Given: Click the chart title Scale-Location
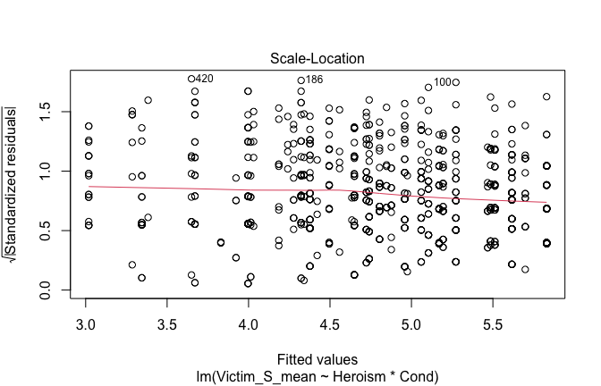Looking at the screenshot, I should [x=317, y=59].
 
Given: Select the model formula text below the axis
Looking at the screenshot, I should [x=317, y=376].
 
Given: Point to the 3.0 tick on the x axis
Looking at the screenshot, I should [x=87, y=318].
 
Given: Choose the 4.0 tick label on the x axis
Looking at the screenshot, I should [x=249, y=318].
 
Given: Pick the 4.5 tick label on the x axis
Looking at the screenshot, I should [x=330, y=318].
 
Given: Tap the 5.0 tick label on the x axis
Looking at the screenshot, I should [x=411, y=318].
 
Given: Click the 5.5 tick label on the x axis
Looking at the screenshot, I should [x=492, y=318].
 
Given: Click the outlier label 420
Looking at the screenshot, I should [x=205, y=79].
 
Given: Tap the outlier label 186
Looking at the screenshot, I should [x=314, y=80].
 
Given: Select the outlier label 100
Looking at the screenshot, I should [x=443, y=83].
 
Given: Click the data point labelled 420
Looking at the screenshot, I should [x=191, y=79].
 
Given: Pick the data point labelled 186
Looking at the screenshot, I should [x=301, y=80].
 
